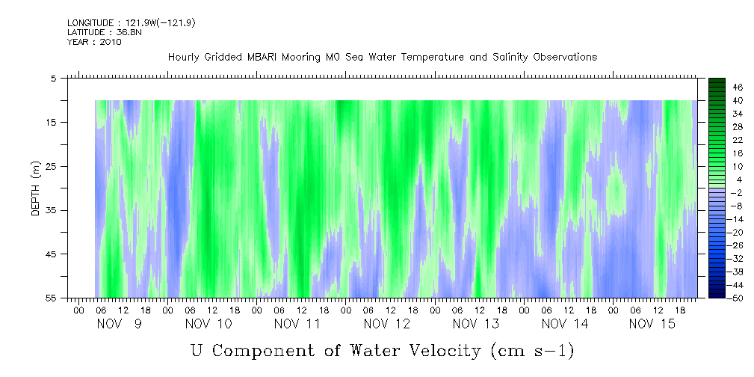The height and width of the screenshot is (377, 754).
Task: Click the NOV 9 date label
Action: (119, 324)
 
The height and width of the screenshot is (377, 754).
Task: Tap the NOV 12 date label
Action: (388, 324)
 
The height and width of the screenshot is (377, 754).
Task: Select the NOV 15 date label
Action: (653, 324)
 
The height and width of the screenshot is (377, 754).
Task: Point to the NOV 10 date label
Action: (208, 324)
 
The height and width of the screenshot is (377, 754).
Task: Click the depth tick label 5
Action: (54, 78)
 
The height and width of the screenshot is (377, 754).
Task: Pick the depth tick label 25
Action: (52, 166)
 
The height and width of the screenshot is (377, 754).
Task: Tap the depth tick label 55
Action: (52, 298)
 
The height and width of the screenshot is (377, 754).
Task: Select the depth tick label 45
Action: (52, 254)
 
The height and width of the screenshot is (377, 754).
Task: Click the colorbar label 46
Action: (738, 88)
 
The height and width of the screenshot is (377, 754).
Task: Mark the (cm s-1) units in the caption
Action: (531, 350)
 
